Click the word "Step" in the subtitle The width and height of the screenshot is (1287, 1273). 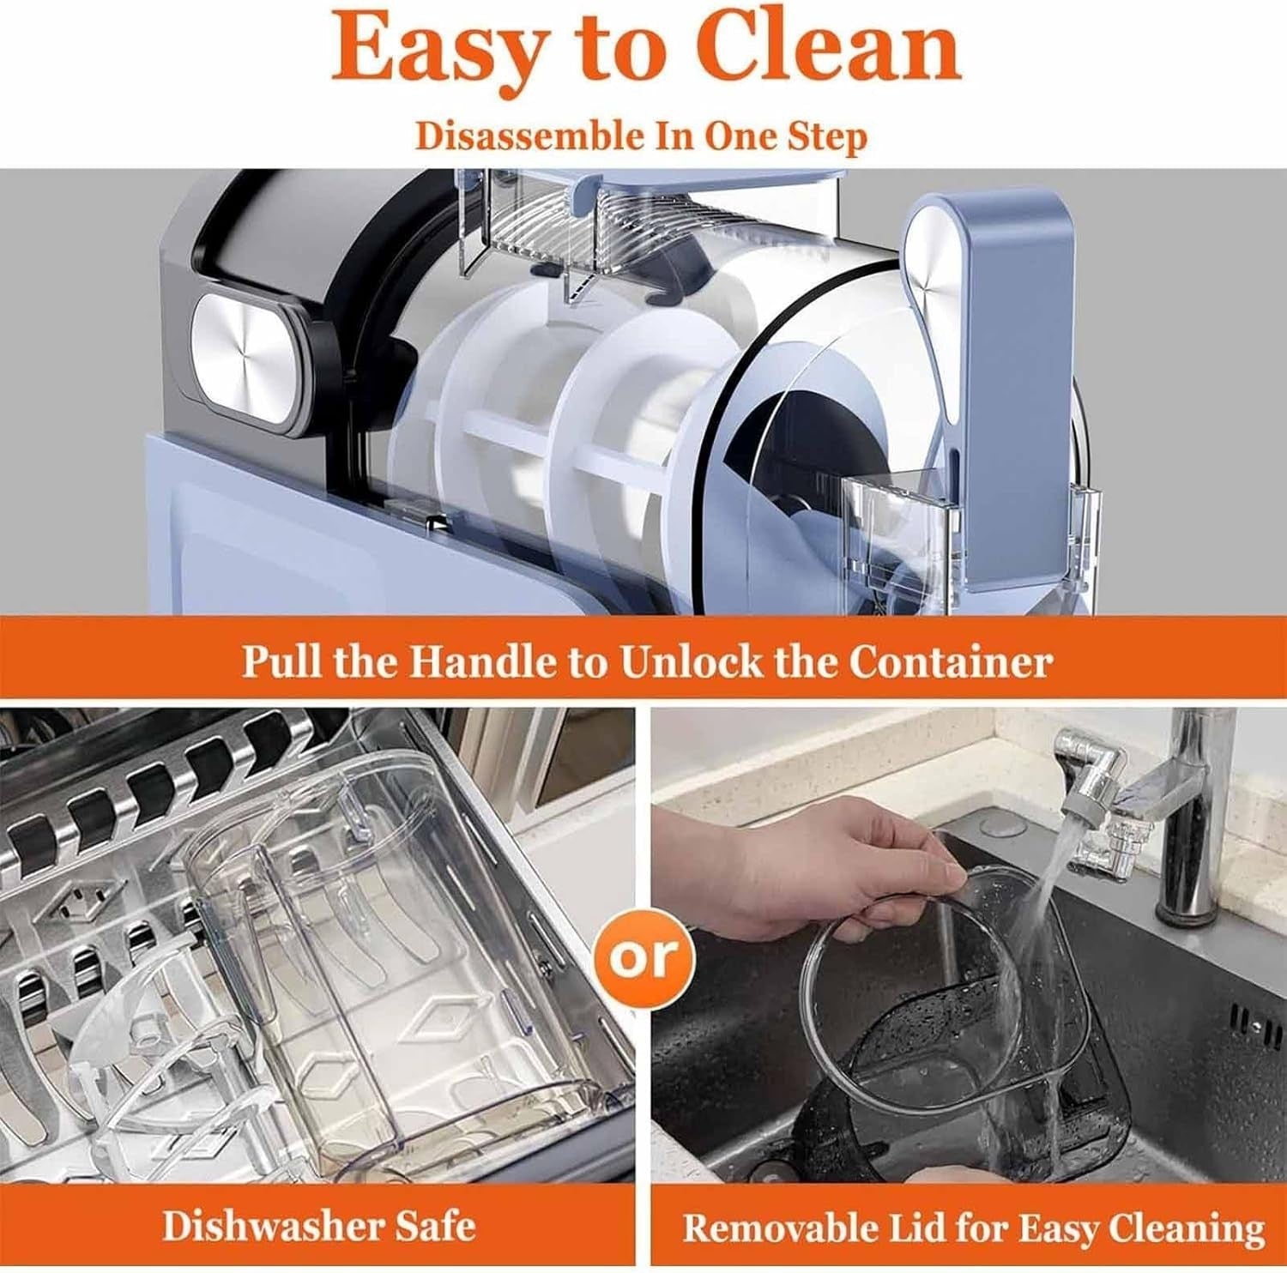point(825,137)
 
